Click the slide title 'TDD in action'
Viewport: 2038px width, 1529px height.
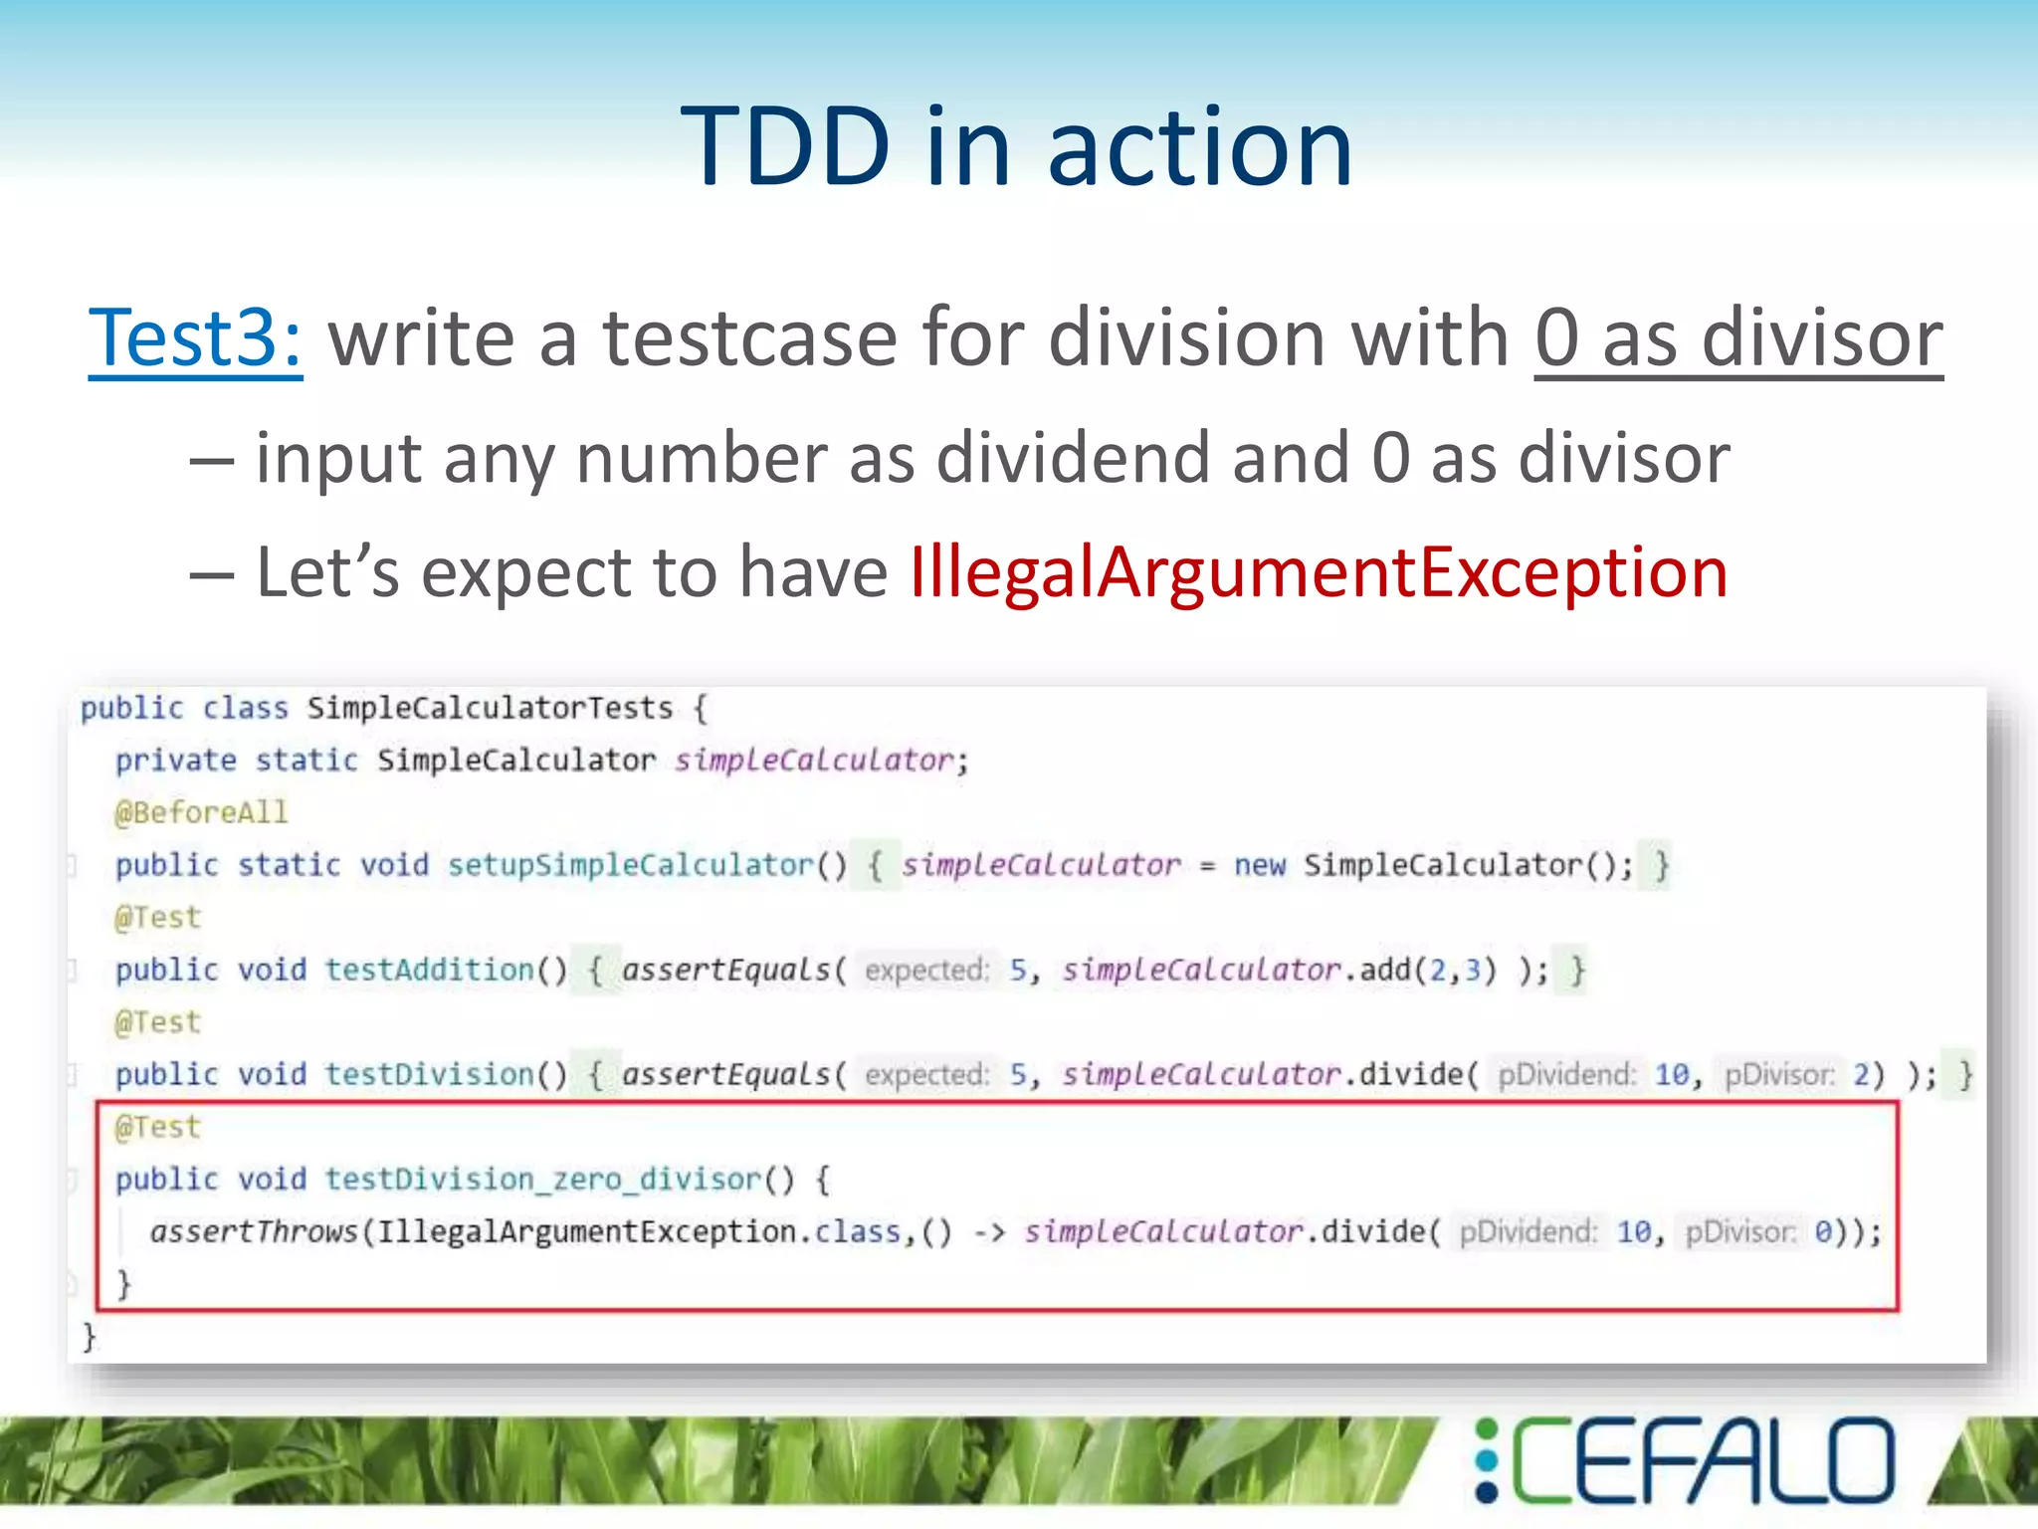[1016, 147]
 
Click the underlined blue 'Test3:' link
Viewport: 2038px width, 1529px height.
[195, 338]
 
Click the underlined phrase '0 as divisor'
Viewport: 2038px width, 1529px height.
[1737, 338]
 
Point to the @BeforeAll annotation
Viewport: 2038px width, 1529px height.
[201, 812]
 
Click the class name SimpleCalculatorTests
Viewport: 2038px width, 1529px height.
[490, 708]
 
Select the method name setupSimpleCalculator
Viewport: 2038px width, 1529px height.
[631, 865]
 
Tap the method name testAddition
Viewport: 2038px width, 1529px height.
[430, 970]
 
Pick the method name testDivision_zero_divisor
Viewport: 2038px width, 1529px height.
[543, 1180]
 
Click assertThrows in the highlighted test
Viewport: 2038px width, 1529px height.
[254, 1232]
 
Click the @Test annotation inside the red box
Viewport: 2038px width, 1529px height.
[158, 1127]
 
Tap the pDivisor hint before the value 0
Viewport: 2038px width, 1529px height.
[1740, 1232]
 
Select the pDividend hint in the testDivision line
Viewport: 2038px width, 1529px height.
[1566, 1075]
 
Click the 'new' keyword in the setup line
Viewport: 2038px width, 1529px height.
[1260, 865]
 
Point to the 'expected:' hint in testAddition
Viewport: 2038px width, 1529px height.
[926, 970]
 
